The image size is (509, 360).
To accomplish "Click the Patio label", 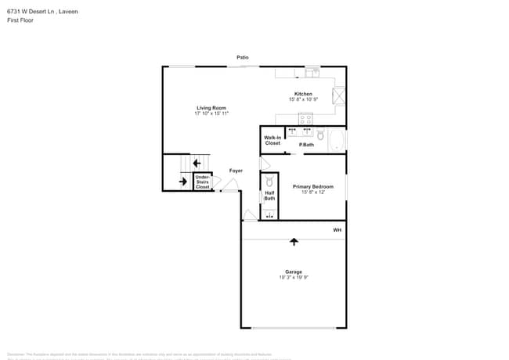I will (244, 57).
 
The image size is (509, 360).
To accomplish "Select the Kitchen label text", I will (302, 94).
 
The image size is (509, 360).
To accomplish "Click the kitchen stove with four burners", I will (305, 119).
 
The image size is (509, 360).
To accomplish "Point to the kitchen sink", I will (312, 71).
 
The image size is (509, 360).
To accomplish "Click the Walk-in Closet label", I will (273, 141).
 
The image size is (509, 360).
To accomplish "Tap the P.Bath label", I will (306, 145).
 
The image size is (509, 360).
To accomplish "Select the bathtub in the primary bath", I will (336, 141).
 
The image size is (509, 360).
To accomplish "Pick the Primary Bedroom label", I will (313, 186).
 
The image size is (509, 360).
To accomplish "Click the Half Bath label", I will (269, 196).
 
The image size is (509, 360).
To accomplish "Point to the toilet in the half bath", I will (269, 181).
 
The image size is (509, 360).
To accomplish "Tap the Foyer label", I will (236, 171).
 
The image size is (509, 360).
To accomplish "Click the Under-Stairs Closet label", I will (202, 182).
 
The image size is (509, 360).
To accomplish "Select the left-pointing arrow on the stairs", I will (197, 163).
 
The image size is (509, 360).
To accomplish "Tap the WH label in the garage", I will (338, 230).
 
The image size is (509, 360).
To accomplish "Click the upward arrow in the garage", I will (294, 242).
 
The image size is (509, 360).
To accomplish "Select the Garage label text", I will (293, 272).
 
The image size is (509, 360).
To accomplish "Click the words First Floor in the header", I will (20, 20).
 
